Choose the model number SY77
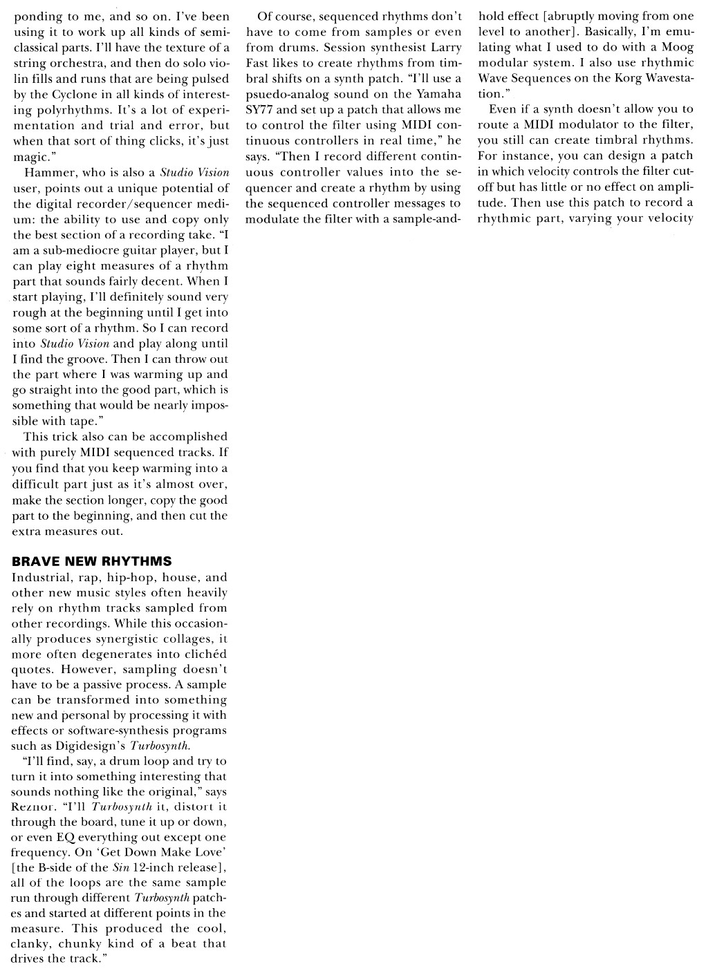pos(261,110)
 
